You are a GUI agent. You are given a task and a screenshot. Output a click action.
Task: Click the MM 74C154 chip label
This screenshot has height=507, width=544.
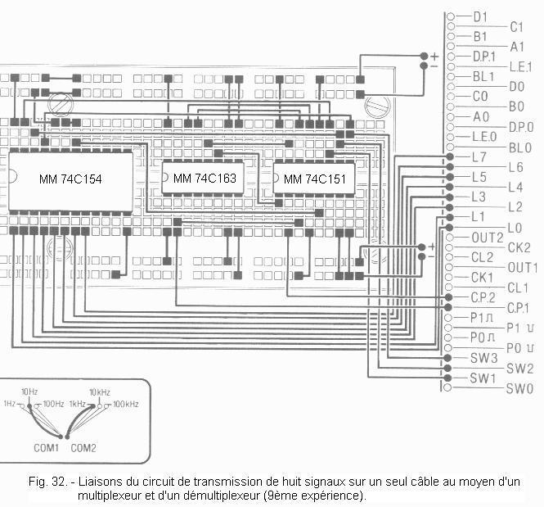[70, 179]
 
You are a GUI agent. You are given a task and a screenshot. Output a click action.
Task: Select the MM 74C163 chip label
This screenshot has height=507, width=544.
[205, 178]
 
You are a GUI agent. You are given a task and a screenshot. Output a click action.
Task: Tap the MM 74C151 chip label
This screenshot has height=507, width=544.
[315, 179]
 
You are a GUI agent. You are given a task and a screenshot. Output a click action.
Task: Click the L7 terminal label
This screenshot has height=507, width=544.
[479, 157]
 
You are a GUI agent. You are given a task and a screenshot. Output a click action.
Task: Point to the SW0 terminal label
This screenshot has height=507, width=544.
[519, 388]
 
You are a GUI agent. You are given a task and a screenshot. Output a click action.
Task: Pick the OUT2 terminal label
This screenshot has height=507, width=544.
[488, 238]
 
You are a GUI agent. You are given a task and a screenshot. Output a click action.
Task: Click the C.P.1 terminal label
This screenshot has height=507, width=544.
[518, 308]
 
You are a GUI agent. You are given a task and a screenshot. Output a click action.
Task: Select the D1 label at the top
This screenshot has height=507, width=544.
[480, 16]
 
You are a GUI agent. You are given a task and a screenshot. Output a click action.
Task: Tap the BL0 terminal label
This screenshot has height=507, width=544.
[520, 148]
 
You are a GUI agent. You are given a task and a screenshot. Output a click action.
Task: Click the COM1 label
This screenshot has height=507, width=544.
[46, 448]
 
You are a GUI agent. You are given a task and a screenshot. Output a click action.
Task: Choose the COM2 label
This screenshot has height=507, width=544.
[83, 448]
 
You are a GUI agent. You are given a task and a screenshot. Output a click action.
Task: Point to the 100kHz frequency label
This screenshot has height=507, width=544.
[126, 404]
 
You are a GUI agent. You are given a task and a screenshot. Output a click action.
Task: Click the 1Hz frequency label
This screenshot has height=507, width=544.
[9, 404]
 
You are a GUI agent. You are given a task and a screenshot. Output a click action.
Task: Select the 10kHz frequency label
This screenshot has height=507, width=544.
[100, 392]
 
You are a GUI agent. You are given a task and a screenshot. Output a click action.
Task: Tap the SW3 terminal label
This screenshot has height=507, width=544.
[484, 358]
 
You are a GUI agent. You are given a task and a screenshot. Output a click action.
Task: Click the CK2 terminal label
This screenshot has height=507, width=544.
[519, 247]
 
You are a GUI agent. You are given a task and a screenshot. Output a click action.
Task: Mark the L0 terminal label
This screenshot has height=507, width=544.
[515, 229]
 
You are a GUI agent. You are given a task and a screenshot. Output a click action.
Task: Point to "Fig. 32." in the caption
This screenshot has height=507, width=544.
[47, 482]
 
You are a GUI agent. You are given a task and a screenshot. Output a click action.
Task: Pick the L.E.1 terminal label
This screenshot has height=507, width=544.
[520, 66]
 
